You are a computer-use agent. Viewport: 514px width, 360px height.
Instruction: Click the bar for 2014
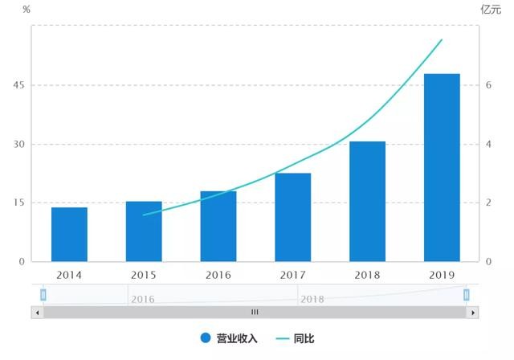(x=69, y=235)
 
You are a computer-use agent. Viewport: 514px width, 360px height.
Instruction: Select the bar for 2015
(x=144, y=231)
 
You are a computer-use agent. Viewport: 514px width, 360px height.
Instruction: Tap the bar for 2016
(x=218, y=227)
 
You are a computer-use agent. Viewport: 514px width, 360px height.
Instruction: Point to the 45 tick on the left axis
(x=18, y=85)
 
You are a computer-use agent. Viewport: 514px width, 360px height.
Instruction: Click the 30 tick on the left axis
(x=18, y=145)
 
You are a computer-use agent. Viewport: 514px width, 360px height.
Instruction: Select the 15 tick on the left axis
(x=18, y=203)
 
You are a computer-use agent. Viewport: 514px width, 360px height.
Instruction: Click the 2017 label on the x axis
(x=292, y=275)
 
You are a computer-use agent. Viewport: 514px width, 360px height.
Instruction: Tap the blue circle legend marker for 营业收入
(x=206, y=338)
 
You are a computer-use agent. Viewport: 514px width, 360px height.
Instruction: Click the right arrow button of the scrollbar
(x=473, y=312)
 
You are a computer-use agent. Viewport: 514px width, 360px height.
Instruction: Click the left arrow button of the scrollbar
(x=37, y=312)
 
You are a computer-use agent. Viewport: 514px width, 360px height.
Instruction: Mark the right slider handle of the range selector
(x=466, y=295)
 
